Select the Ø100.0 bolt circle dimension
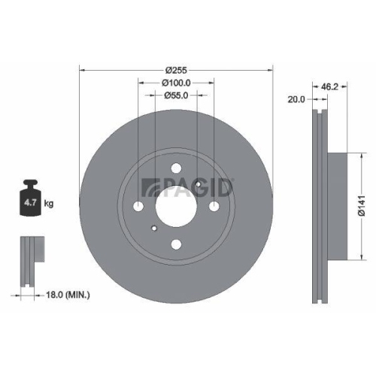(x=175, y=83)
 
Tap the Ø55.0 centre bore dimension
(x=175, y=96)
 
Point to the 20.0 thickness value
(x=296, y=99)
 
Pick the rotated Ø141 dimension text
(x=360, y=205)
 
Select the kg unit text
(x=50, y=204)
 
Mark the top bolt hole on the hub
(x=175, y=169)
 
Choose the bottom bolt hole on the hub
(x=175, y=242)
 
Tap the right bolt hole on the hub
(x=212, y=206)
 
